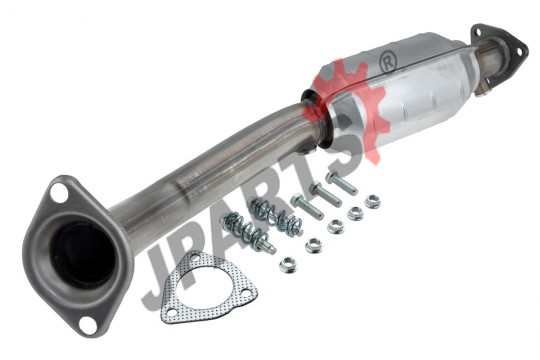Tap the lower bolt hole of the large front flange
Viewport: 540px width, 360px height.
click(86, 322)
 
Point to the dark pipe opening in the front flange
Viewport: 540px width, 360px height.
click(82, 254)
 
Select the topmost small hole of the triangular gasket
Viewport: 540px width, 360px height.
click(195, 258)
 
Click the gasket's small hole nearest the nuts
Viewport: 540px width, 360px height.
click(246, 293)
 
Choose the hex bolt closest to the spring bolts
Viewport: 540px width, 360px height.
click(307, 206)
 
